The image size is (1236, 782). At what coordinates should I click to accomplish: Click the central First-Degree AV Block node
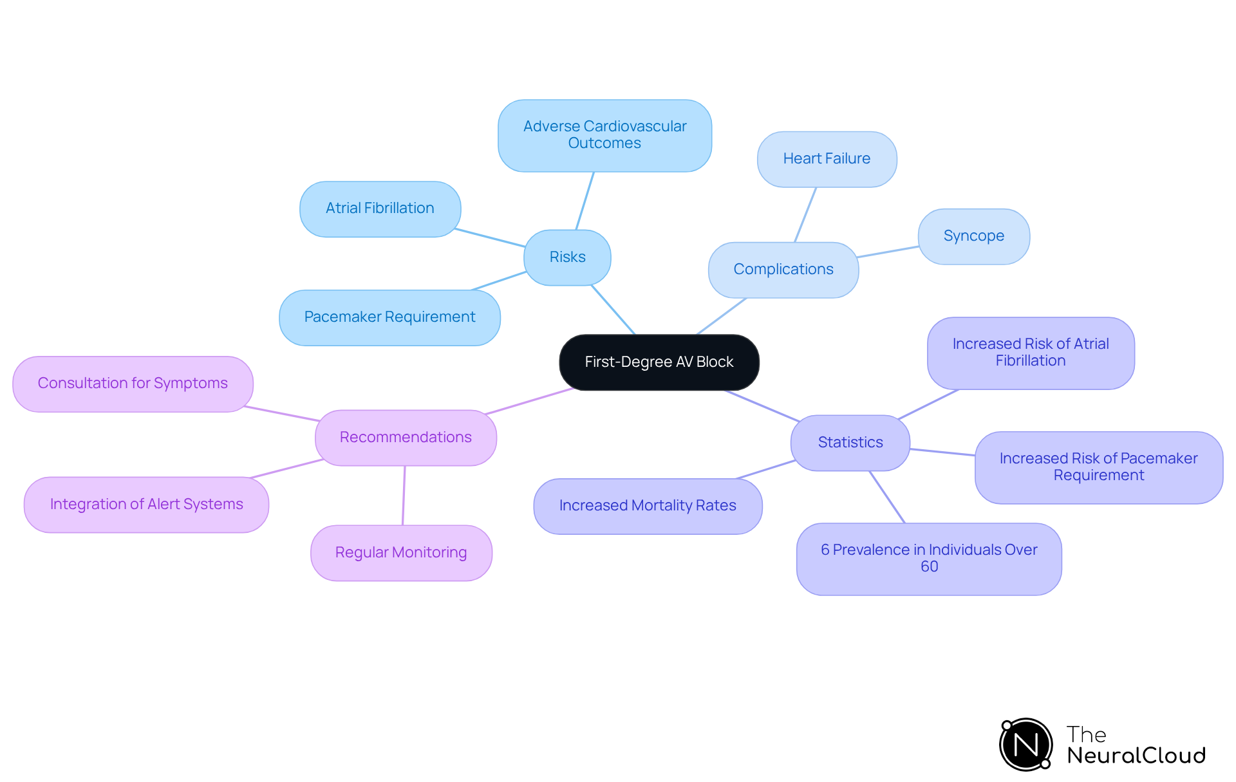point(659,362)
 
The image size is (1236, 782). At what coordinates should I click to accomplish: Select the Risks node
point(567,257)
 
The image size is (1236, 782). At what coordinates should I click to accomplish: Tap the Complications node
point(783,270)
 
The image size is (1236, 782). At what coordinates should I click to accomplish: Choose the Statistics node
point(850,443)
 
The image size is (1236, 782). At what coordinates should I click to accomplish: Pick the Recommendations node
point(406,438)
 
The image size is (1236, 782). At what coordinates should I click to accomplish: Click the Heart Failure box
point(827,159)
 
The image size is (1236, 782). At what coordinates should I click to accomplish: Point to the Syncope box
point(973,236)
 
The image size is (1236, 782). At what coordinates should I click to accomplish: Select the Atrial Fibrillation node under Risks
point(380,209)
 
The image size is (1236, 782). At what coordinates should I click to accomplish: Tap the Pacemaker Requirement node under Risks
point(389,317)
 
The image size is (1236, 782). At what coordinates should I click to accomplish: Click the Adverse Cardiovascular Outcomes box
point(604,135)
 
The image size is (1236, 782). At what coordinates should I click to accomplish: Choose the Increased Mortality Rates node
point(648,506)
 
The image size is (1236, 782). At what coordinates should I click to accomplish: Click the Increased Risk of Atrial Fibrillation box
point(1030,353)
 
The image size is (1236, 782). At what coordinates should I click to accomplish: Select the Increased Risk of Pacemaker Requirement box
point(1098,467)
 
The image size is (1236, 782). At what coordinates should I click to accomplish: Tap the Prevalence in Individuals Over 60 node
point(928,559)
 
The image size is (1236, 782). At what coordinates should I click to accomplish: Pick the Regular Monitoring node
point(401,553)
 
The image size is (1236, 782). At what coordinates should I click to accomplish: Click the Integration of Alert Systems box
point(146,505)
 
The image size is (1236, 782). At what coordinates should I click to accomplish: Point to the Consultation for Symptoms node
point(133,384)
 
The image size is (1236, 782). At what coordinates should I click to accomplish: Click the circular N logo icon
point(1025,745)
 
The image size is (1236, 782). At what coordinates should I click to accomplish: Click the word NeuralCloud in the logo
point(1136,756)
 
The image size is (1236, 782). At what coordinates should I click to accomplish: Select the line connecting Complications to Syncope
point(888,252)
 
